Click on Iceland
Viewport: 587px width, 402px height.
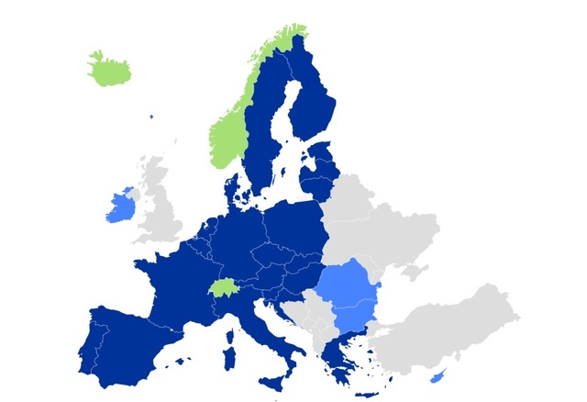pos(109,68)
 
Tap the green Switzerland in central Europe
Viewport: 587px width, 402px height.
pos(222,288)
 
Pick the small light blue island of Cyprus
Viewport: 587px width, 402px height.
pos(436,377)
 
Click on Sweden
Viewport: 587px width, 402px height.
pos(266,138)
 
